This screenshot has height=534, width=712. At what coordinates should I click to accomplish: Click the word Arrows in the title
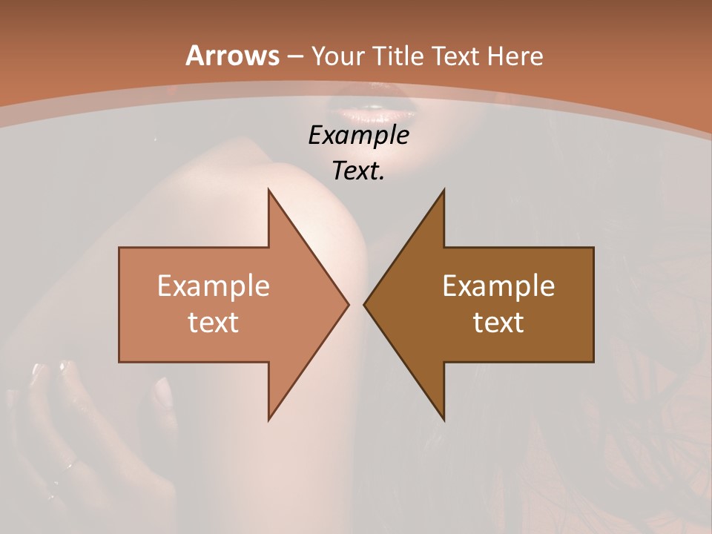[x=231, y=56]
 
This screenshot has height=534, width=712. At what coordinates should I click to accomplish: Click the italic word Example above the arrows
[x=359, y=136]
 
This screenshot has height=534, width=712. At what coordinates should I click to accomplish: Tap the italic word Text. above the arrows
[x=359, y=171]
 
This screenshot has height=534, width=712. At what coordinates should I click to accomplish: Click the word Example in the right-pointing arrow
[x=214, y=286]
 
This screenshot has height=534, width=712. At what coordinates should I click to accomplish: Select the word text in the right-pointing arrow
[x=214, y=322]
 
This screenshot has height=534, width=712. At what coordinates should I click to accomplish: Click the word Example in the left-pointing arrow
[x=498, y=286]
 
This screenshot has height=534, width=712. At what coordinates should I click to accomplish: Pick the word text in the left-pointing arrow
[x=498, y=322]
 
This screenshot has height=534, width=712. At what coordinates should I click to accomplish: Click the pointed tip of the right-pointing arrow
[x=349, y=304]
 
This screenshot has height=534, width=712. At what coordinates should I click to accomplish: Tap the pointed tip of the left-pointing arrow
[x=364, y=304]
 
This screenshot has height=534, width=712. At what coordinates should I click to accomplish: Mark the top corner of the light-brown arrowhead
[x=268, y=190]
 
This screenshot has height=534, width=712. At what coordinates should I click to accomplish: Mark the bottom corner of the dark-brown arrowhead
[x=444, y=420]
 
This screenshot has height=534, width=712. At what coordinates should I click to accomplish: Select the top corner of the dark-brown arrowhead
[x=444, y=190]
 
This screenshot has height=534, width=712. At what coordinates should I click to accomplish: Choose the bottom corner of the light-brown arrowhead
[x=268, y=420]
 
